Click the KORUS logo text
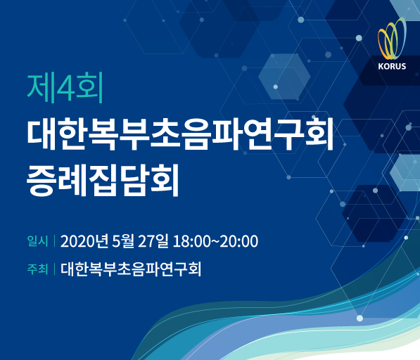(x=392, y=66)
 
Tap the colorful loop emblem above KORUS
(x=392, y=39)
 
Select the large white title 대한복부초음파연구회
(x=180, y=134)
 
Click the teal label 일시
(x=37, y=241)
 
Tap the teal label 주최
(x=37, y=269)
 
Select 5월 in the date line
(x=123, y=241)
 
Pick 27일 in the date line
(x=153, y=241)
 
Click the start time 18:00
(x=192, y=241)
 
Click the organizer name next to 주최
(x=131, y=269)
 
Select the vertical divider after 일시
(x=54, y=241)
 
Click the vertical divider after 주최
(x=54, y=269)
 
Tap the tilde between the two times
(x=215, y=241)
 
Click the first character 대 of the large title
(x=42, y=134)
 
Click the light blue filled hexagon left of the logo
(x=284, y=76)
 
